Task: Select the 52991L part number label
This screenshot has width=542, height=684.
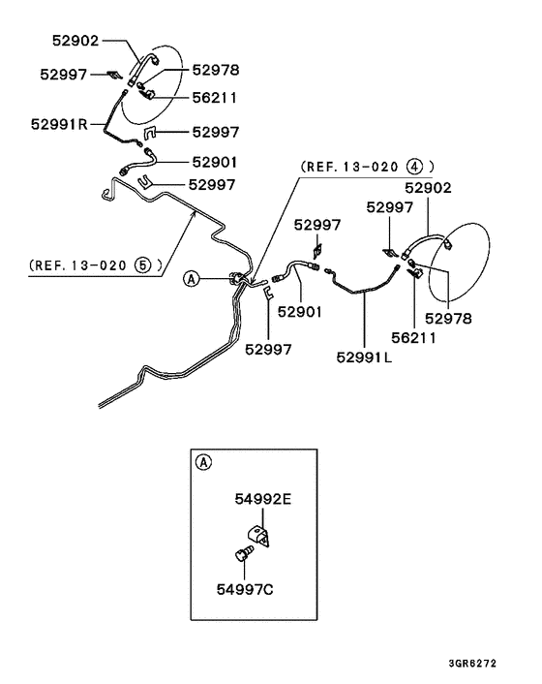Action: (365, 357)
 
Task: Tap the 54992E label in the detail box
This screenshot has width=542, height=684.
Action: (261, 499)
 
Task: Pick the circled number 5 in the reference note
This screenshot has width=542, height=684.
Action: (142, 263)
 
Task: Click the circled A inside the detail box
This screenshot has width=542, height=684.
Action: (202, 461)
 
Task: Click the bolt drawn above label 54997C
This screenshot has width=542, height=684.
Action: (242, 555)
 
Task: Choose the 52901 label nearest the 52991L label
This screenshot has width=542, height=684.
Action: (300, 312)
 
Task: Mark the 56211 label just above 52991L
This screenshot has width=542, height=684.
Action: (414, 338)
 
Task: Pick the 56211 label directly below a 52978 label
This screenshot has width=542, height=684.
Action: (215, 97)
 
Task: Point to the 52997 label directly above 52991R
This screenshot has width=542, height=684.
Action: (64, 74)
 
